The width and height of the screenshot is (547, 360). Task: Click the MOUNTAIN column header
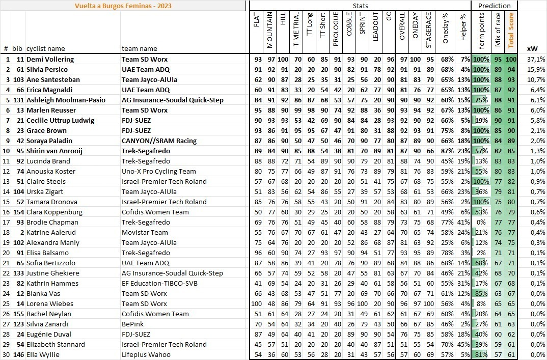[270, 30]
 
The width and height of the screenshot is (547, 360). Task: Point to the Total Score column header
[511, 31]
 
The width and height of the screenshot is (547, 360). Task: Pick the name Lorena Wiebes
[47, 303]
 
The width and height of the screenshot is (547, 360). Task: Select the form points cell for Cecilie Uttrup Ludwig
[481, 120]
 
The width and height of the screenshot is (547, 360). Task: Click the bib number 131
[18, 100]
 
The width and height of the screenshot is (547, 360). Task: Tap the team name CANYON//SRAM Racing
[159, 141]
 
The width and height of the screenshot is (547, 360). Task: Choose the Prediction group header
[495, 6]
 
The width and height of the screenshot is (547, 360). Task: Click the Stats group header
[360, 6]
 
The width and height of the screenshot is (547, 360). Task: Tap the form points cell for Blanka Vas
[481, 293]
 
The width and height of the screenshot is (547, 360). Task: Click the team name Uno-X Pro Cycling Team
[158, 171]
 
